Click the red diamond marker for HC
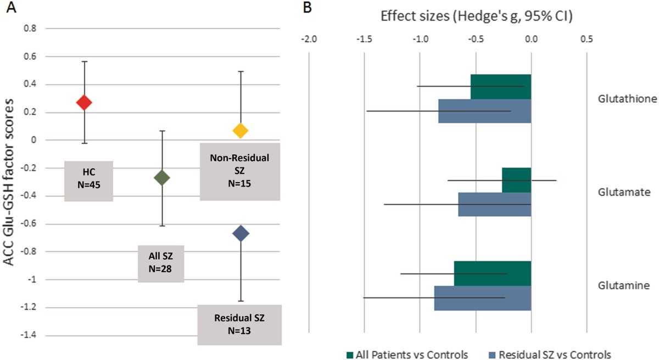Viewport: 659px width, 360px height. pos(84,103)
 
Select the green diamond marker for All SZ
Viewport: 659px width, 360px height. pos(162,178)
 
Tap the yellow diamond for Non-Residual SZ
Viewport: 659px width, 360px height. pos(241,131)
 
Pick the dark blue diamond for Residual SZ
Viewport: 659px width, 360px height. pos(241,234)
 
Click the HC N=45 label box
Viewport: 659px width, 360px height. pos(89,181)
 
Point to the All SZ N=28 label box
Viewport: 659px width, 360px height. pos(161,263)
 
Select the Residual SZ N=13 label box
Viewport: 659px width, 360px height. pos(239,325)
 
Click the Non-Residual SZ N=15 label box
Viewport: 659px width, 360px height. pos(240,172)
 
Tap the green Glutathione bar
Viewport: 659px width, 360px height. pos(501,87)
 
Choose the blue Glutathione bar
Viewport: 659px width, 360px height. pos(484,111)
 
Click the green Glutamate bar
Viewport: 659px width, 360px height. pos(517,180)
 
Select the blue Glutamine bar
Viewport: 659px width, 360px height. pos(483,298)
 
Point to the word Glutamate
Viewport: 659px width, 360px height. pos(624,192)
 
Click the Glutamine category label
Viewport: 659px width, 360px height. pos(624,286)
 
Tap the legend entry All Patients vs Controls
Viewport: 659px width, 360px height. pos(407,355)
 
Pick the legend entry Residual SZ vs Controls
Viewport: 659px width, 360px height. pos(550,355)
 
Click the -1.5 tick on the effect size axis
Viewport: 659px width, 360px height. pos(364,39)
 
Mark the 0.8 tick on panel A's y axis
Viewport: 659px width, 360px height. pos(30,29)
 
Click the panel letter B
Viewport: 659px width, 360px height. pos(308,8)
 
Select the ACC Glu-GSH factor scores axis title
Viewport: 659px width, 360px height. pos(9,183)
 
